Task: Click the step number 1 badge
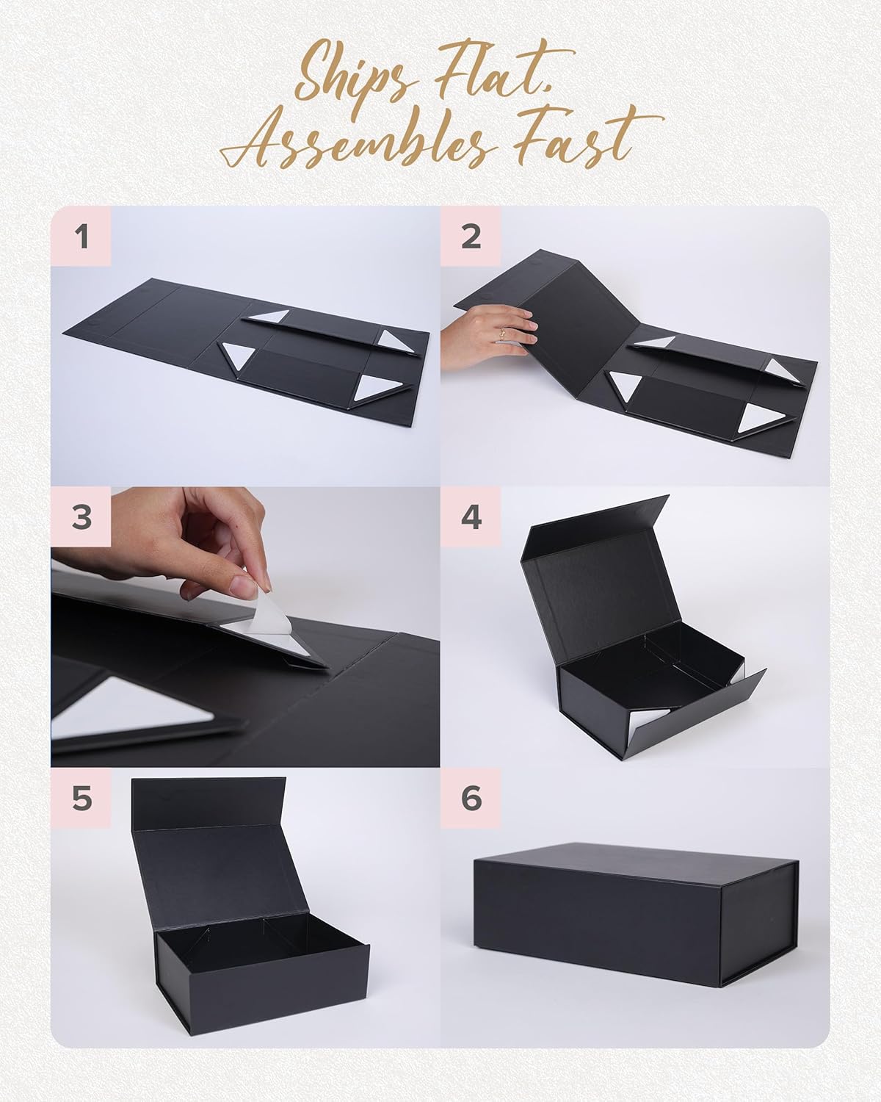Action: [81, 237]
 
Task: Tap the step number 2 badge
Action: [471, 237]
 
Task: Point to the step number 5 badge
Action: [81, 799]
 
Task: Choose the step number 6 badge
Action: [471, 799]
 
